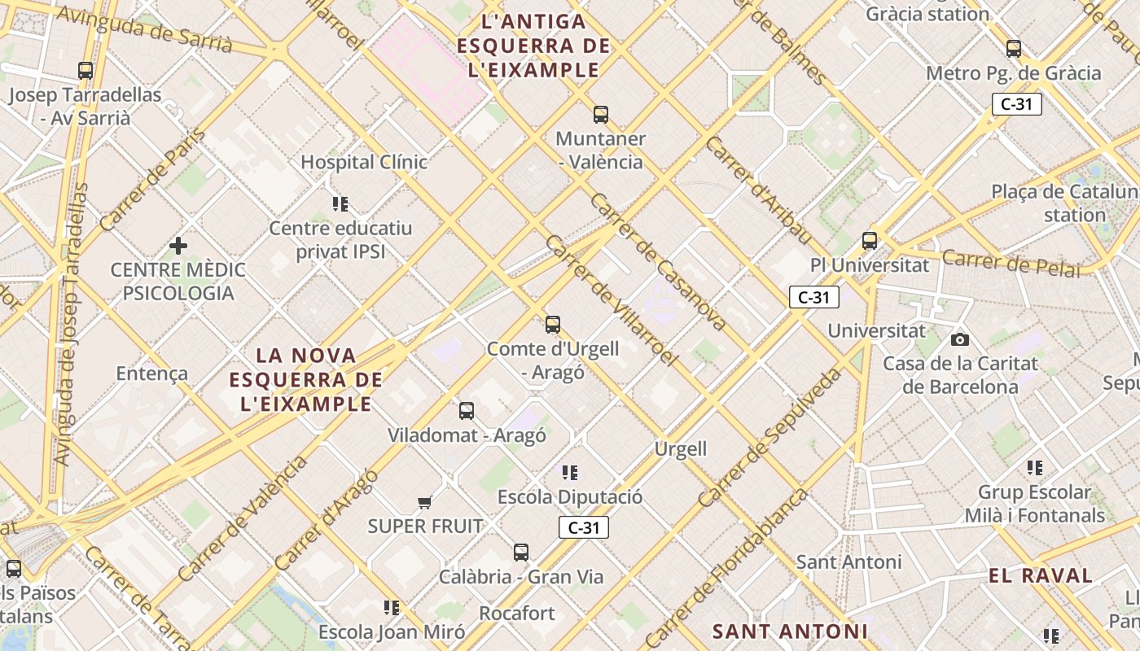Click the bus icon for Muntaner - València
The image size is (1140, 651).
pyautogui.click(x=601, y=115)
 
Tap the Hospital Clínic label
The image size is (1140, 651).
pyautogui.click(x=364, y=162)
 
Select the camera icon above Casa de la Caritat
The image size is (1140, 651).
pyautogui.click(x=960, y=339)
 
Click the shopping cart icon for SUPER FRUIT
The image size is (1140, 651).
pyautogui.click(x=424, y=502)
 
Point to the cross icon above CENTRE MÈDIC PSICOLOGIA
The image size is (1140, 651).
pyautogui.click(x=178, y=245)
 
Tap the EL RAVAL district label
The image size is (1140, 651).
pyautogui.click(x=1041, y=575)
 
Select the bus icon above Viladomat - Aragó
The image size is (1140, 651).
pyautogui.click(x=467, y=411)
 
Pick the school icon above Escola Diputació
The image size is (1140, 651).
pyautogui.click(x=570, y=472)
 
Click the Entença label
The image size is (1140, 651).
pyautogui.click(x=152, y=374)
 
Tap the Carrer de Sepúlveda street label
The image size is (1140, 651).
pyautogui.click(x=769, y=436)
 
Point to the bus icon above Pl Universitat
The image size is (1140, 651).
pyautogui.click(x=870, y=241)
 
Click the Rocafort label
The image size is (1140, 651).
pyautogui.click(x=517, y=613)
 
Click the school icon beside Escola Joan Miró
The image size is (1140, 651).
pyautogui.click(x=392, y=608)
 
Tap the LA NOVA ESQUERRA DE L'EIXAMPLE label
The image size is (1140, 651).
pyautogui.click(x=306, y=379)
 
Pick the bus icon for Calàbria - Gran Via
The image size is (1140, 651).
pyautogui.click(x=521, y=553)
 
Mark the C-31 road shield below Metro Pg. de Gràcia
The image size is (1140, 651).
pyautogui.click(x=1017, y=104)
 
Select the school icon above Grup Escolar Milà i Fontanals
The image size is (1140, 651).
pyautogui.click(x=1035, y=468)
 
